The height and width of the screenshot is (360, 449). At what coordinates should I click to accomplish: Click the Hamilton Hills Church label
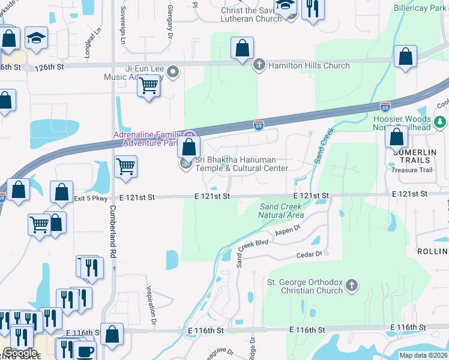point(309,65)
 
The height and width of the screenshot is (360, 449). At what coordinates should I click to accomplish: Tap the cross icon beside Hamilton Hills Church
point(260,65)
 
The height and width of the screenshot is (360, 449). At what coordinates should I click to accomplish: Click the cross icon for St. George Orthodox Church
point(352,285)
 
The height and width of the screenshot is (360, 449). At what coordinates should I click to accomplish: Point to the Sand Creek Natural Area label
point(281,210)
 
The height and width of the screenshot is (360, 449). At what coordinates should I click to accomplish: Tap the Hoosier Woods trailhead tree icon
point(441,122)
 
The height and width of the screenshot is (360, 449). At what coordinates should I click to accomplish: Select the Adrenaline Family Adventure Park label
point(148,139)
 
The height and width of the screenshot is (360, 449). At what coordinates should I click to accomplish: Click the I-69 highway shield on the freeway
point(258,125)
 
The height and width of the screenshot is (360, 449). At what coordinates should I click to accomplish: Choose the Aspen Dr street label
point(287,230)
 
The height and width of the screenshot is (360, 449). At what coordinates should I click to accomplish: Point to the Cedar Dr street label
point(310,255)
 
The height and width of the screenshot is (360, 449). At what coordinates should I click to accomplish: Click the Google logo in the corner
point(20,353)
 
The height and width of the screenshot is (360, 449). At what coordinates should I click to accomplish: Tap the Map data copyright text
point(423,355)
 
